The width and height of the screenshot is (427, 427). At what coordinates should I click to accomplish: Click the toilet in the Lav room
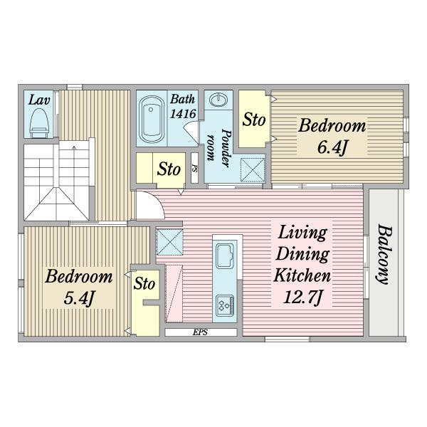tap(39, 123)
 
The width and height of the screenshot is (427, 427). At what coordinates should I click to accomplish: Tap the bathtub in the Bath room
tap(152, 119)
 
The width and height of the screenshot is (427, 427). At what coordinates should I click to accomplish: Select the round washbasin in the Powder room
tap(218, 100)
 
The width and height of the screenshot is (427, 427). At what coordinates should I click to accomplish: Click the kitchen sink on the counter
tap(225, 256)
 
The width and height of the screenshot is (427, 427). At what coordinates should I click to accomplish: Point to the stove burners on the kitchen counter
tap(225, 305)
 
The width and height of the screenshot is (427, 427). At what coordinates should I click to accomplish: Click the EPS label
tap(200, 332)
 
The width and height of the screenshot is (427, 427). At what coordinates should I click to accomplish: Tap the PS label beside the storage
tap(194, 168)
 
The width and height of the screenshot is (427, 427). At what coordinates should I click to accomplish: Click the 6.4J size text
tap(332, 148)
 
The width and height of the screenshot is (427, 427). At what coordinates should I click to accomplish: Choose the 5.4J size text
tap(79, 298)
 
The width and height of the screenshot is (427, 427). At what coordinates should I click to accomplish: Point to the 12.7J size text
tap(302, 297)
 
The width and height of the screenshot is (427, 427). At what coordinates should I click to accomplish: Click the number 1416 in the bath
tap(183, 114)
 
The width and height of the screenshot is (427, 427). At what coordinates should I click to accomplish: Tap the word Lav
tap(39, 100)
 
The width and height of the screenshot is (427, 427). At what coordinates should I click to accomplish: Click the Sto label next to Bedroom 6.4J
tap(254, 120)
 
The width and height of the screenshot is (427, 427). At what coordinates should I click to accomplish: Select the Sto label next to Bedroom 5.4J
tap(144, 283)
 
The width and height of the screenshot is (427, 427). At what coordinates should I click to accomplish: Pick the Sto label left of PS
tap(169, 169)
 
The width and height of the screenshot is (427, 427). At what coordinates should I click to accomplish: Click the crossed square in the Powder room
tap(253, 170)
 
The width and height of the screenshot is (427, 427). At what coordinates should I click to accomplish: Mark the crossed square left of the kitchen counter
tap(170, 242)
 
